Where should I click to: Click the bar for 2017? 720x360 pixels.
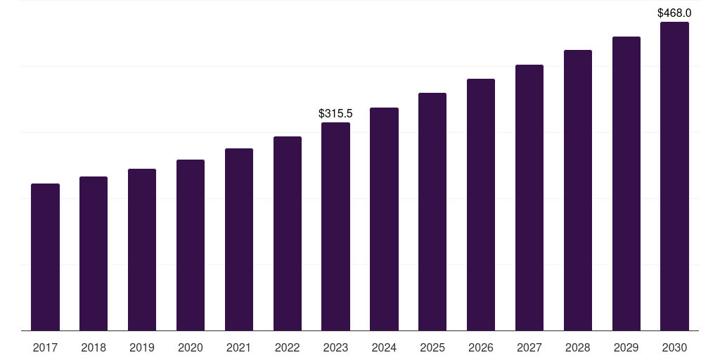pyautogui.click(x=45, y=257)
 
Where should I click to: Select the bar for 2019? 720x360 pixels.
pyautogui.click(x=142, y=250)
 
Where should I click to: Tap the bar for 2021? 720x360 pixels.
pyautogui.click(x=239, y=239)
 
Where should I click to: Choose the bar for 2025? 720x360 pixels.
pyautogui.click(x=432, y=212)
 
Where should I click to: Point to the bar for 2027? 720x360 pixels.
pyautogui.click(x=529, y=198)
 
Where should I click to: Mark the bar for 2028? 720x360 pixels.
pyautogui.click(x=578, y=190)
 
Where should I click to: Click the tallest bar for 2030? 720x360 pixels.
pyautogui.click(x=674, y=176)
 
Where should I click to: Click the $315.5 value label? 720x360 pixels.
pyautogui.click(x=335, y=113)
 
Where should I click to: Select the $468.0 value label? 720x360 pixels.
pyautogui.click(x=674, y=13)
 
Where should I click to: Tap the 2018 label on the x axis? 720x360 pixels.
pyautogui.click(x=94, y=347)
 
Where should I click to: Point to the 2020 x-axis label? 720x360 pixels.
pyautogui.click(x=191, y=347)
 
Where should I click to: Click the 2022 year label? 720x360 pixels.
pyautogui.click(x=288, y=347)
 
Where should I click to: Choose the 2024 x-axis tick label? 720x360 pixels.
pyautogui.click(x=384, y=347)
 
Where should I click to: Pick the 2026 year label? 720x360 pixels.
pyautogui.click(x=481, y=347)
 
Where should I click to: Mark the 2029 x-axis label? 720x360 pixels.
pyautogui.click(x=626, y=347)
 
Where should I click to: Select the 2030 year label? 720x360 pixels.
pyautogui.click(x=674, y=347)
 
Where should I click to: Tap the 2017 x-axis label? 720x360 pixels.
pyautogui.click(x=45, y=347)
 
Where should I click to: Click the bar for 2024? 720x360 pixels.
pyautogui.click(x=384, y=219)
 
